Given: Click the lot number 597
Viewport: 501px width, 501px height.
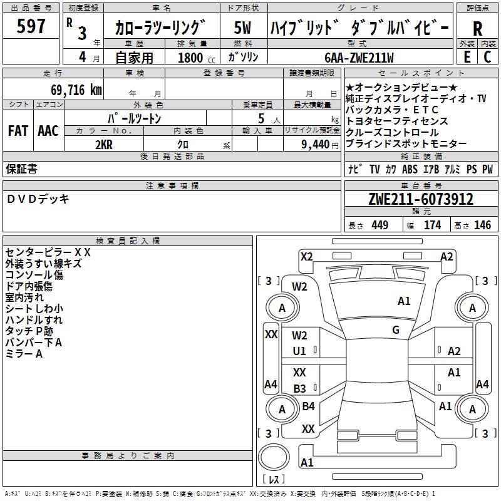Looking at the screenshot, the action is [x=31, y=26].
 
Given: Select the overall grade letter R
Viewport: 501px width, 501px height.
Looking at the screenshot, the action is [x=477, y=29].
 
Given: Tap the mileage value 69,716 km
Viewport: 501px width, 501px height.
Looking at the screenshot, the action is [x=76, y=90].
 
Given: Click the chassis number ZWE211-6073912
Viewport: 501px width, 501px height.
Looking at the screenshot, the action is [x=421, y=199].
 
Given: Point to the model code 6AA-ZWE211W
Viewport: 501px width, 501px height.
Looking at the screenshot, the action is [x=359, y=58].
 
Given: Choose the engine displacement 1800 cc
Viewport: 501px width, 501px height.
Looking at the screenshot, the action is [x=197, y=58].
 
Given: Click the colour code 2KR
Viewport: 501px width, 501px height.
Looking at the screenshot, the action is [x=104, y=145].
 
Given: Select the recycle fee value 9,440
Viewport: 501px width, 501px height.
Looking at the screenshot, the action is [x=316, y=145].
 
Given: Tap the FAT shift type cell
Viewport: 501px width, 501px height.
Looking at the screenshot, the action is [x=18, y=131].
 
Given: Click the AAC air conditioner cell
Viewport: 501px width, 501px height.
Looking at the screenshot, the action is [x=48, y=131].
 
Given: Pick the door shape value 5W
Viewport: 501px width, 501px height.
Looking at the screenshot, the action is [x=242, y=28].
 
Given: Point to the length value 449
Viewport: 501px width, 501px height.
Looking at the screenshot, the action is [x=380, y=225].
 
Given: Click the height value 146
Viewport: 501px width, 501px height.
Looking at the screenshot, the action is [x=482, y=225].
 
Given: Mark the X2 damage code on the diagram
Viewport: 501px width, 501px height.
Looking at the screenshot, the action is [x=306, y=257].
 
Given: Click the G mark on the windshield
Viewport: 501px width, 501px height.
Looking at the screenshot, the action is [x=396, y=330].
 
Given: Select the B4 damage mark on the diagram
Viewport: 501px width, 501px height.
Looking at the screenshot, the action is [x=308, y=406].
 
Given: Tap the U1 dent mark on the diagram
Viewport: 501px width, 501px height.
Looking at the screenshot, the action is [x=299, y=351].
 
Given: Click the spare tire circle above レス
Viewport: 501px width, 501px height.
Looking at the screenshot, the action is [x=274, y=457].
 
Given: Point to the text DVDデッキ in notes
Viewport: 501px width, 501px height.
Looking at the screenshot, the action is [x=38, y=199].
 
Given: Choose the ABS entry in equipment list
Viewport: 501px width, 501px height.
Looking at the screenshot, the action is [x=410, y=169].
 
